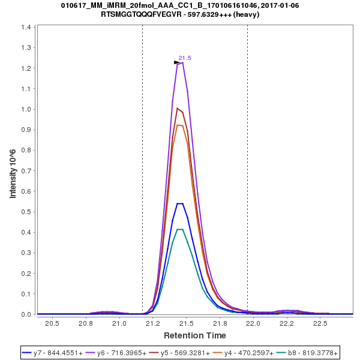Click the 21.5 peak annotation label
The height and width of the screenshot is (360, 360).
[185, 58]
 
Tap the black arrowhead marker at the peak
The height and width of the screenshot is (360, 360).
[177, 62]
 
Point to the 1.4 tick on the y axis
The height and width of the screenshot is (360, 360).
[27, 28]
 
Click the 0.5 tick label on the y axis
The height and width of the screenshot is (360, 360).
[27, 212]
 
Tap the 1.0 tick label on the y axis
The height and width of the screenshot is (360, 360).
[27, 109]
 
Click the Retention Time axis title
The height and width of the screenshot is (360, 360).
[195, 335]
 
